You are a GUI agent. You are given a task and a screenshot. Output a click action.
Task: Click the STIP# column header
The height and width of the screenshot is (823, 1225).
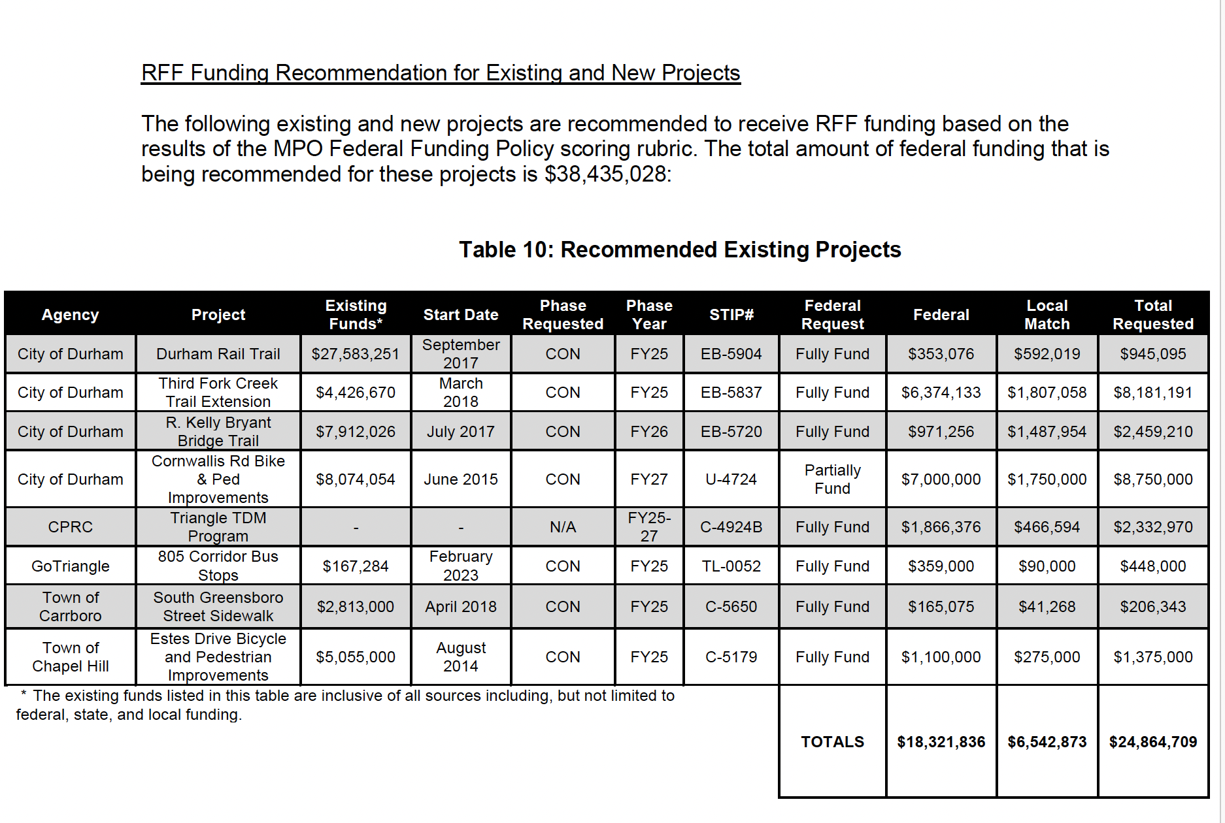731,315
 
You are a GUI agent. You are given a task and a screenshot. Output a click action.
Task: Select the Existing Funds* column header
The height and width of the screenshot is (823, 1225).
356,315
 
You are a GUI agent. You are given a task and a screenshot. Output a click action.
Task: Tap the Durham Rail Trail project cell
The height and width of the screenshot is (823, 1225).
218,354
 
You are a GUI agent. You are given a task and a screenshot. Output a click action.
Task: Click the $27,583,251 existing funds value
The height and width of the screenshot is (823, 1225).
355,354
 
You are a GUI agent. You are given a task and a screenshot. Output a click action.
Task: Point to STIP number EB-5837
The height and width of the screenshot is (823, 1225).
731,393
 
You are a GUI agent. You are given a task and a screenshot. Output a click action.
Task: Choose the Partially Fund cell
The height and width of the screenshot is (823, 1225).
832,479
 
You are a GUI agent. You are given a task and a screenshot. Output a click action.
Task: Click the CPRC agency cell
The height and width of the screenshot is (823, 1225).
70,527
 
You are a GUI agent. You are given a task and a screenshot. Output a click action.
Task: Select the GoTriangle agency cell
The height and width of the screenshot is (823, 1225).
70,566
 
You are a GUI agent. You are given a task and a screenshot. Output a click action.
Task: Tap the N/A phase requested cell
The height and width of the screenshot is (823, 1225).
562,527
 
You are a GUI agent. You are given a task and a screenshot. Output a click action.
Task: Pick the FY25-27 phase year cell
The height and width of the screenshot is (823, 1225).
648,527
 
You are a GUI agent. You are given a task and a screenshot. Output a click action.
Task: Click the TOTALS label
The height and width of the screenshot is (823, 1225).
832,742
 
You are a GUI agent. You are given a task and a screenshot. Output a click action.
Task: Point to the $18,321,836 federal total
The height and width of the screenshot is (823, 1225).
941,742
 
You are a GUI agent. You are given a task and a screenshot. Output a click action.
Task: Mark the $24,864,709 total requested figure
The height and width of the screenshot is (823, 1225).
1152,742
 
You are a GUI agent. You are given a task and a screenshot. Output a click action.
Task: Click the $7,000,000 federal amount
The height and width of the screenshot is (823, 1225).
941,479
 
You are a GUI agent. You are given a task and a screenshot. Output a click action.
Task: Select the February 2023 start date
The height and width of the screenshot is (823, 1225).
460,566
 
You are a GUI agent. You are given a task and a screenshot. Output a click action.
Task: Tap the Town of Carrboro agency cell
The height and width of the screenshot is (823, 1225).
70,607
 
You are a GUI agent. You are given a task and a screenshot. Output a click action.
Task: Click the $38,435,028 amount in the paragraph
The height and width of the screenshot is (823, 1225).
605,174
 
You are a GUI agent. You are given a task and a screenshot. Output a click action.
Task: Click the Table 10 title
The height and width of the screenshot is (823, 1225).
679,250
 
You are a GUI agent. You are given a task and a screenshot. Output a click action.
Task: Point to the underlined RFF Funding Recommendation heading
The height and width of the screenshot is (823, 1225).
441,73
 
